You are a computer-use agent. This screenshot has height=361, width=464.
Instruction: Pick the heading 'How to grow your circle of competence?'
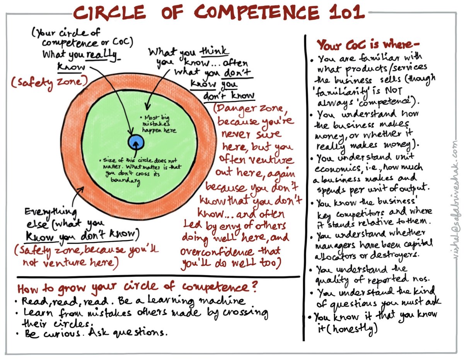[137, 287]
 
